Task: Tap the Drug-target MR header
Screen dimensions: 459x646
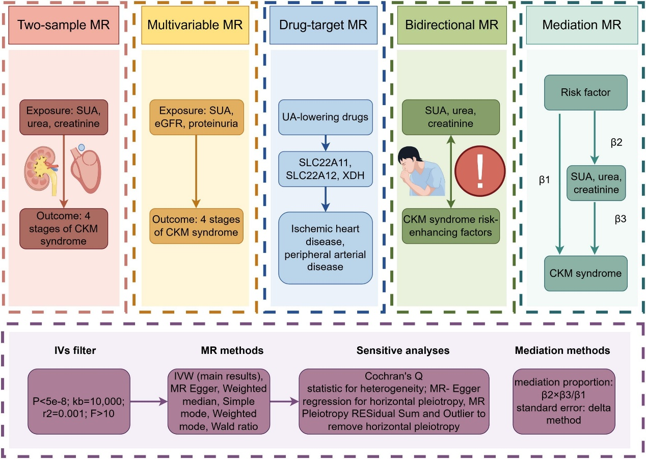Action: click(323, 24)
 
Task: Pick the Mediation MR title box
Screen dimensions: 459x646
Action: click(582, 24)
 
